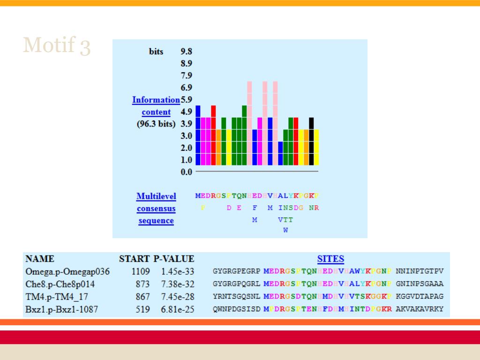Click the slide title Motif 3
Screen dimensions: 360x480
57,45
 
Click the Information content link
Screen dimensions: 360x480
156,106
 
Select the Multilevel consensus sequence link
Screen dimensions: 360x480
156,209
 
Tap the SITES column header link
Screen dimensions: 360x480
330,259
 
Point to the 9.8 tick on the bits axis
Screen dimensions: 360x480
187,52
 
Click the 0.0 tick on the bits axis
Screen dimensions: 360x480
187,172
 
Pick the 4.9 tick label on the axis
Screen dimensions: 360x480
187,112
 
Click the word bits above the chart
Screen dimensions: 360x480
156,52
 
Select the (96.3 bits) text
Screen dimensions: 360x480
156,124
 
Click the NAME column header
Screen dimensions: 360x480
40,259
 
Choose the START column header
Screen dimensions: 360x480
135,259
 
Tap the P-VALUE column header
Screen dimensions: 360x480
174,259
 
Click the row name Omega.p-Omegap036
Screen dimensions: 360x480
67,271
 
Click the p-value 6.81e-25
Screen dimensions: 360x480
178,309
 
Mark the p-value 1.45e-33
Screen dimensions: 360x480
178,271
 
